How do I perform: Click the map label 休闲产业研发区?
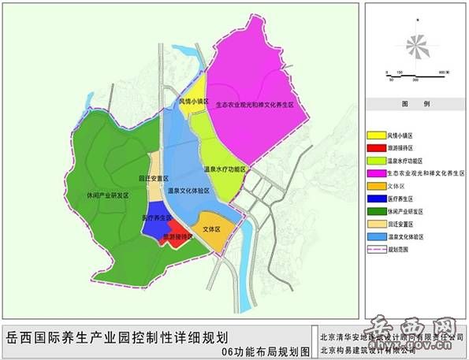[x=108, y=195]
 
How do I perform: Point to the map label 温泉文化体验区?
[x=189, y=190]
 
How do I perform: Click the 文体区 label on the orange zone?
[x=212, y=229]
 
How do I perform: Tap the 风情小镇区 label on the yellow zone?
[x=194, y=102]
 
